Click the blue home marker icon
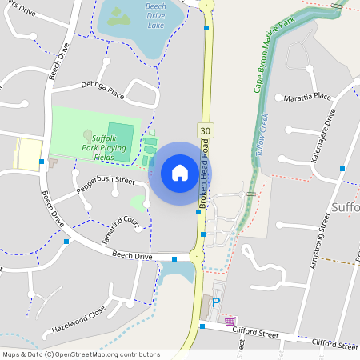(180, 173)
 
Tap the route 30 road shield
(206, 130)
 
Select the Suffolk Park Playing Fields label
(104, 147)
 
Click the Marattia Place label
(307, 98)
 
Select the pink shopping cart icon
(230, 322)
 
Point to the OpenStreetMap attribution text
(81, 354)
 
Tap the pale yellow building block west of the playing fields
(28, 153)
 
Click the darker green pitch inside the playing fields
(121, 136)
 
